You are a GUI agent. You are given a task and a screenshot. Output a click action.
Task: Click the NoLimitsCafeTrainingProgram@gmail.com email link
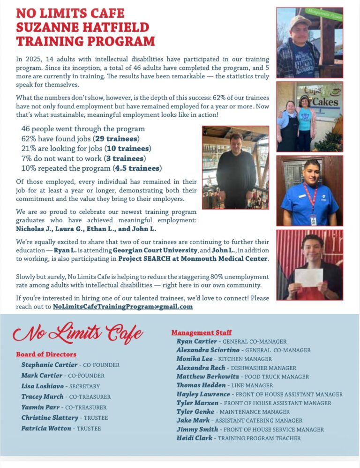point(123,306)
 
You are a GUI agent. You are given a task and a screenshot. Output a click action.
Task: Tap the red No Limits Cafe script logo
point(78,334)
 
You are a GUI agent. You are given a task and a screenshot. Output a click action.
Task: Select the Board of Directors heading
point(46,354)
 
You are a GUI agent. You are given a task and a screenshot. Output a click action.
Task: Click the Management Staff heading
point(202,332)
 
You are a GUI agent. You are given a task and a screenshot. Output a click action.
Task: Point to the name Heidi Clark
point(195,438)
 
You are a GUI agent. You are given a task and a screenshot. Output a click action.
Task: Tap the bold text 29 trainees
point(116,139)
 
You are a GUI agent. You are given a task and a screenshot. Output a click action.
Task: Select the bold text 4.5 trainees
point(139,168)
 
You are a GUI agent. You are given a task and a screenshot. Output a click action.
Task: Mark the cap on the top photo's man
point(300,21)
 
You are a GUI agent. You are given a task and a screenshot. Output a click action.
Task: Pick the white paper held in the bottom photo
point(308,278)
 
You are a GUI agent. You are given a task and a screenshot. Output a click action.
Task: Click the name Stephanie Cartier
point(49,364)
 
